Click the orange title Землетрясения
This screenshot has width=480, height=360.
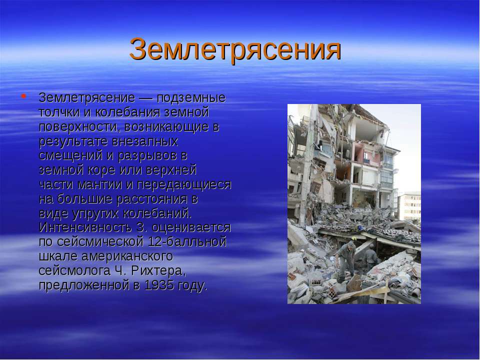point(235,49)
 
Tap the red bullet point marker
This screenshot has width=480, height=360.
point(23,96)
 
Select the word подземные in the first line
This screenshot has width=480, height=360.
point(191,98)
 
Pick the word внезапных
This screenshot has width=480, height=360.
point(145,141)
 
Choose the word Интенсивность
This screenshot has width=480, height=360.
point(85,227)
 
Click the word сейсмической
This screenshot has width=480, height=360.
point(100,242)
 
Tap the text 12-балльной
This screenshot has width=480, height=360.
point(187,242)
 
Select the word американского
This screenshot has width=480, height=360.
point(127,256)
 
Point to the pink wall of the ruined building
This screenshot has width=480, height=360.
point(367,153)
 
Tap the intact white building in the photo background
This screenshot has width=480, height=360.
point(409,205)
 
